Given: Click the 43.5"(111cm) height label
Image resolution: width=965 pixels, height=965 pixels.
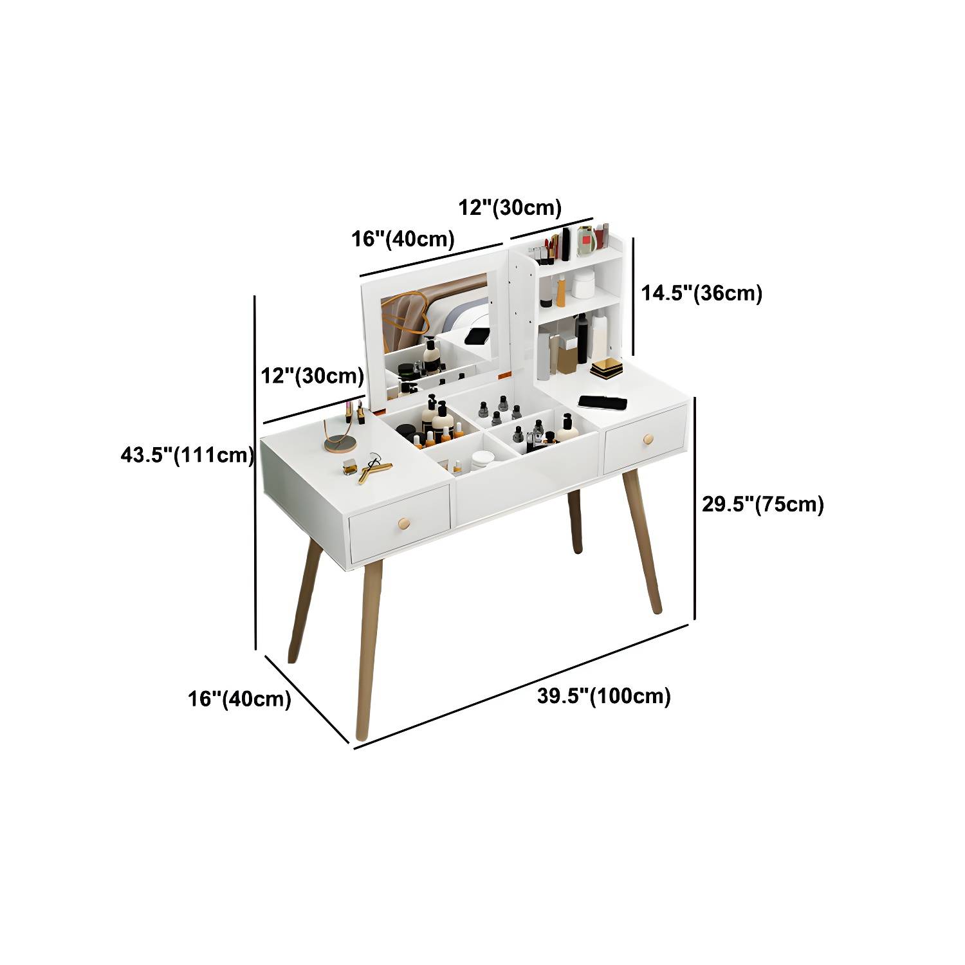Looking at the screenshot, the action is pyautogui.click(x=187, y=455).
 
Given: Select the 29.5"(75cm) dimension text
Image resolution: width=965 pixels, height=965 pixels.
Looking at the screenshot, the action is pyautogui.click(x=762, y=504).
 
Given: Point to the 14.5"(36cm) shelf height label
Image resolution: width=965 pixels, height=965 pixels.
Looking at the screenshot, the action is pyautogui.click(x=701, y=293).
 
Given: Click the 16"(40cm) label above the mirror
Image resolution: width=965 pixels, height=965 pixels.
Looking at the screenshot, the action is pyautogui.click(x=403, y=239).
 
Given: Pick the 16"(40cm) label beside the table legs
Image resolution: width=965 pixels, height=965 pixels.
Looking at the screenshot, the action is pyautogui.click(x=239, y=699).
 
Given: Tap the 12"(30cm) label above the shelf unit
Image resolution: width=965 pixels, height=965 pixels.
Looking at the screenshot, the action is pyautogui.click(x=510, y=208).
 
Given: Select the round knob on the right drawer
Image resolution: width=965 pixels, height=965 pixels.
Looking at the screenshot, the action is pyautogui.click(x=648, y=439).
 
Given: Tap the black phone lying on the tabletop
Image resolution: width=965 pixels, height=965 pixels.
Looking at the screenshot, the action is pyautogui.click(x=602, y=402).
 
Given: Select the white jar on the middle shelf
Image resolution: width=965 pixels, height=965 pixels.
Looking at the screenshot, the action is pyautogui.click(x=583, y=284).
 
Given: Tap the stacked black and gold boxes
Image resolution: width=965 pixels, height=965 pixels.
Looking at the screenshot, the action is pyautogui.click(x=607, y=369).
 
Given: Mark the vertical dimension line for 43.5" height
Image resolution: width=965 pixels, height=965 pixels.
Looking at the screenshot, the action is pyautogui.click(x=256, y=473).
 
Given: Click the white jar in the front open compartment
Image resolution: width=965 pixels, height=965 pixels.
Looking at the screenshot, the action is pyautogui.click(x=482, y=460).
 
